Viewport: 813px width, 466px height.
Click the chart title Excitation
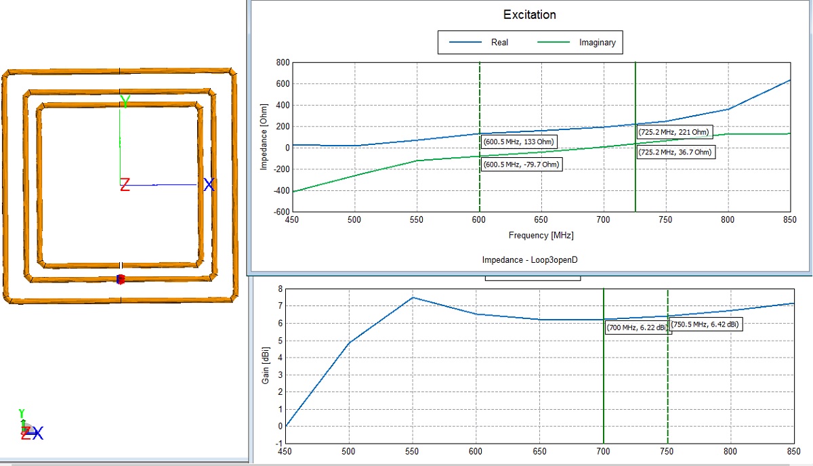click(x=529, y=14)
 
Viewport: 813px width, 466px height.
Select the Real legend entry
click(x=499, y=42)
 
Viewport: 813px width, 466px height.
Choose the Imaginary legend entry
click(x=597, y=42)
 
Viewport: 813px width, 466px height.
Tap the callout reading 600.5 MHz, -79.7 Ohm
click(x=522, y=165)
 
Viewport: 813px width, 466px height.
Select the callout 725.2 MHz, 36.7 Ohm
click(x=675, y=152)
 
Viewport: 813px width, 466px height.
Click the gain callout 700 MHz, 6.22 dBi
click(x=636, y=328)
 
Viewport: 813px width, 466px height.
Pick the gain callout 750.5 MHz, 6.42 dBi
click(x=705, y=324)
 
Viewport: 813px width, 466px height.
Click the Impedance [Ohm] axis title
click(x=264, y=136)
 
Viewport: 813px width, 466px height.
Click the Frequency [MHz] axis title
click(x=540, y=236)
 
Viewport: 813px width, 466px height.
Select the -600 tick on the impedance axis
click(x=280, y=211)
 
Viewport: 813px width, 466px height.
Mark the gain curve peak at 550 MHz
click(x=413, y=297)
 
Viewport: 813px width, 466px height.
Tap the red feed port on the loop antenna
click(x=121, y=279)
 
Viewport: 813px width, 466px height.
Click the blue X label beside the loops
click(x=209, y=185)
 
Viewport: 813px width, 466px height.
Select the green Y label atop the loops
click(x=125, y=102)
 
